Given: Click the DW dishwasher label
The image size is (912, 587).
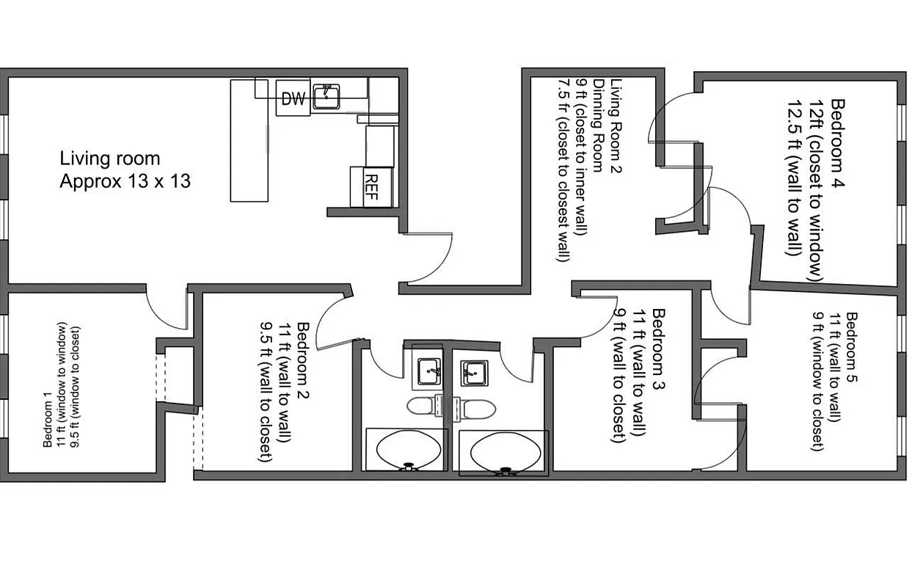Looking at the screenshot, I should [293, 99].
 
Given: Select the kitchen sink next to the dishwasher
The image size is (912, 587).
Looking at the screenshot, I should [326, 97].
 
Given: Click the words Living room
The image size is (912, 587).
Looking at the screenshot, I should [109, 158].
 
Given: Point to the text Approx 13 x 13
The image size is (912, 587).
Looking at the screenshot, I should [125, 181].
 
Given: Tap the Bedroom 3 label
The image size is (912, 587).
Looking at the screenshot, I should [658, 349].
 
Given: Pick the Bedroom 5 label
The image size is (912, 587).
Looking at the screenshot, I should [852, 346].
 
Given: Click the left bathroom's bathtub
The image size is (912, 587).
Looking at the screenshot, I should [406, 451].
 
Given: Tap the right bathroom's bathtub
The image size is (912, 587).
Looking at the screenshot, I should [503, 453].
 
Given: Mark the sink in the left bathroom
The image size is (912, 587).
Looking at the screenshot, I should [429, 371].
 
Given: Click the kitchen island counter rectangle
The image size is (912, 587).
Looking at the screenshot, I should [249, 140].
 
